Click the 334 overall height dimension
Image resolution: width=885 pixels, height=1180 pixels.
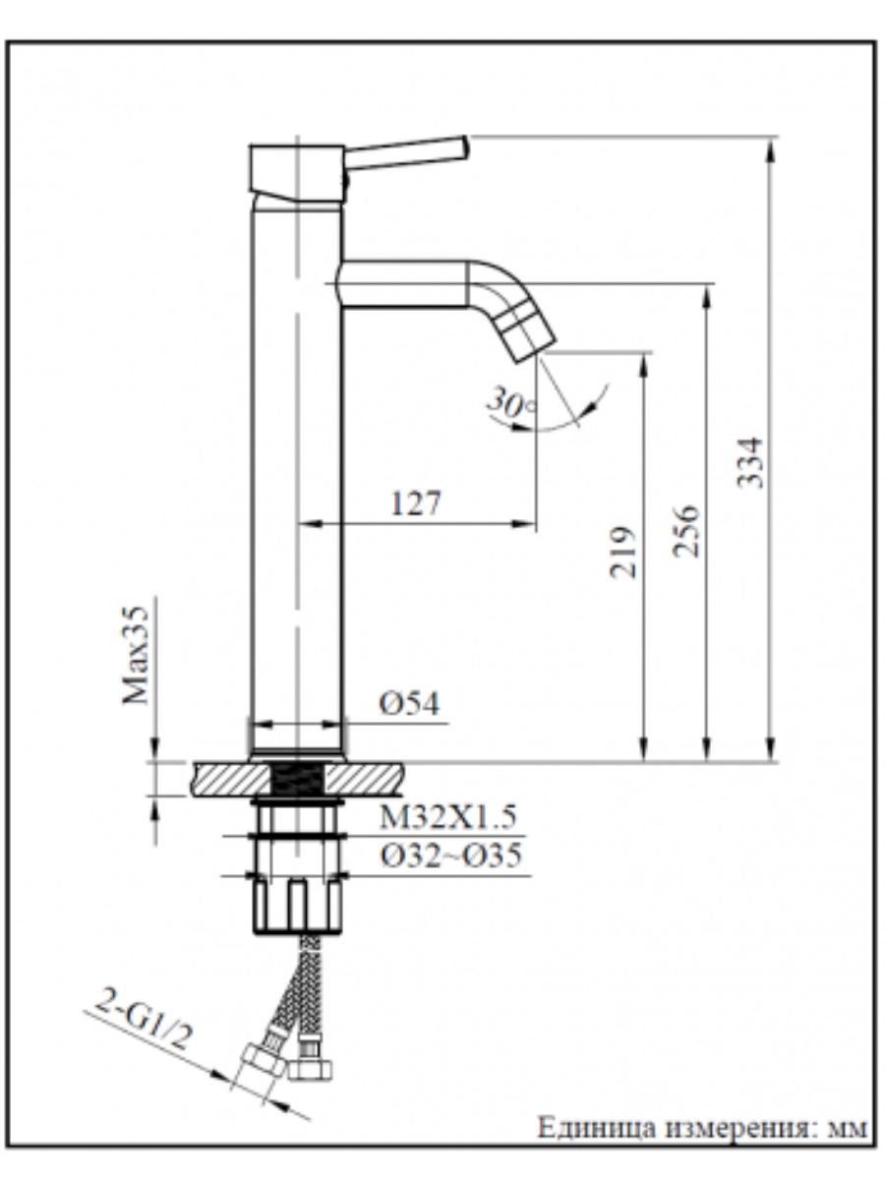pos(749,462)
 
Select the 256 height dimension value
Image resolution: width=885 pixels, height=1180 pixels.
pos(686,531)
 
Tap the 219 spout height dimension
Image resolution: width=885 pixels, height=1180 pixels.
pos(623,552)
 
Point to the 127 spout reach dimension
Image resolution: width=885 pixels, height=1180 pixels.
pos(416,503)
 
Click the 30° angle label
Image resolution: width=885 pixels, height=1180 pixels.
pos(510,402)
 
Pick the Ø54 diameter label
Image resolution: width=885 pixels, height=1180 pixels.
pos(409,703)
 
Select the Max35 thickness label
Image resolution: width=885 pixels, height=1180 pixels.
pos(135,655)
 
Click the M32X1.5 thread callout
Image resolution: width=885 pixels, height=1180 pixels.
pos(448,816)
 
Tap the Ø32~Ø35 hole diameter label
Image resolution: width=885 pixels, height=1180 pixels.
pos(450,855)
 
